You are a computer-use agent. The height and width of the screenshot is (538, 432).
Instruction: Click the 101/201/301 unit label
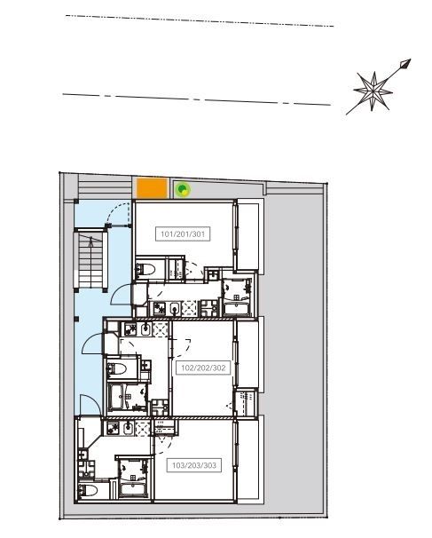183,234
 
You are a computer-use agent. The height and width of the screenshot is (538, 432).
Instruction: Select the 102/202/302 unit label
203,368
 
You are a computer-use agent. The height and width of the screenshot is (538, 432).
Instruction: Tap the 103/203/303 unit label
194,465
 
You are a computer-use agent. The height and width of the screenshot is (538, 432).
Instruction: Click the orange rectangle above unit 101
152,188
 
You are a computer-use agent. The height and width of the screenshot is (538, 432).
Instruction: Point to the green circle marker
183,189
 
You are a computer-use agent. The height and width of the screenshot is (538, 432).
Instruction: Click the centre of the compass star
373,91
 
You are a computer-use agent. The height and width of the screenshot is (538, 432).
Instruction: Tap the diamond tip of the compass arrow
405,64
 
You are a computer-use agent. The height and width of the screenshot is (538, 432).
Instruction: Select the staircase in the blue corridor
90,260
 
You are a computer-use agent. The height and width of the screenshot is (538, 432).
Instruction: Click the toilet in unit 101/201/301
145,270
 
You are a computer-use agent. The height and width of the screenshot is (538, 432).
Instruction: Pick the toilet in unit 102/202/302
116,368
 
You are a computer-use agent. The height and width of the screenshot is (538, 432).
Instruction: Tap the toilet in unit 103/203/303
88,491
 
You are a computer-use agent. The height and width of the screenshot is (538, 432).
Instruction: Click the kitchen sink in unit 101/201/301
176,308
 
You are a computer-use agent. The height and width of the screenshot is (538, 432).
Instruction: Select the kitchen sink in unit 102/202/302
146,329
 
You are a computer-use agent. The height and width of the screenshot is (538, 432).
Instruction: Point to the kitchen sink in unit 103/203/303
129,429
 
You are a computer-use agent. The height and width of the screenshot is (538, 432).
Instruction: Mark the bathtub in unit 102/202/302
117,397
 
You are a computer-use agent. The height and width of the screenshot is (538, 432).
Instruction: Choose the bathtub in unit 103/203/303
133,488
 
